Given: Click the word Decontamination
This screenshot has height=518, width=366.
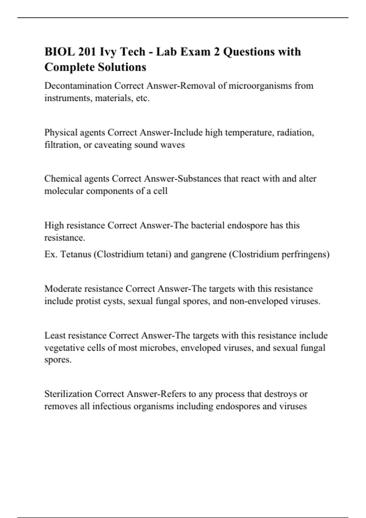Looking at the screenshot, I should pos(78,86).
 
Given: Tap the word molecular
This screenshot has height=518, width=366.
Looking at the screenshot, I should pos(64,191).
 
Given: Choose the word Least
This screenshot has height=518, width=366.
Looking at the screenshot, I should pos(55,335).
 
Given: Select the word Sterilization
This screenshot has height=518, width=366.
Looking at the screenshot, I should pos(68,394).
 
